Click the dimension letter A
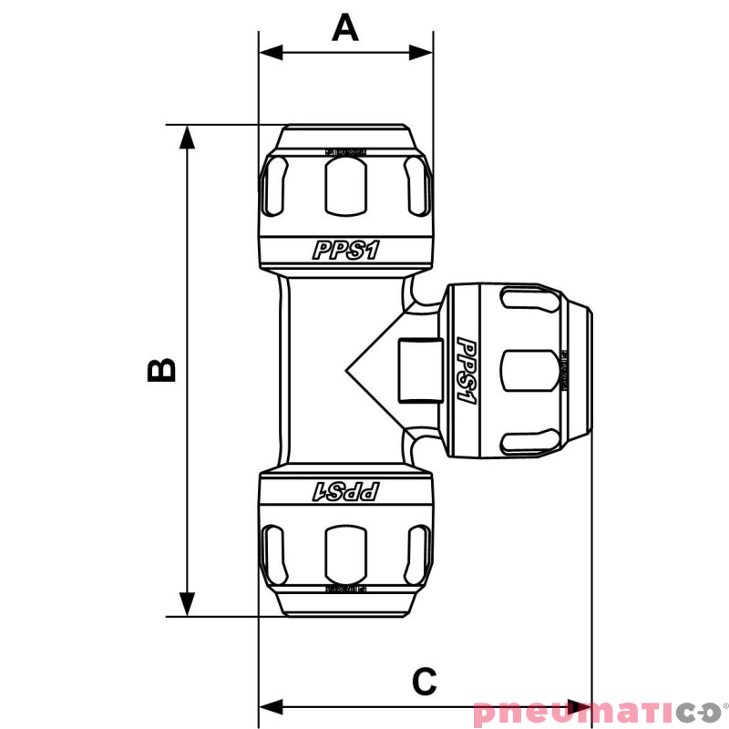(x=345, y=27)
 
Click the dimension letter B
(x=161, y=369)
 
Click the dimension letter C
(x=424, y=680)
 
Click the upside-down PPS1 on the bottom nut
(x=345, y=492)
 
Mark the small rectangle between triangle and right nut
(x=421, y=370)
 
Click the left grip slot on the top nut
(x=275, y=187)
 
